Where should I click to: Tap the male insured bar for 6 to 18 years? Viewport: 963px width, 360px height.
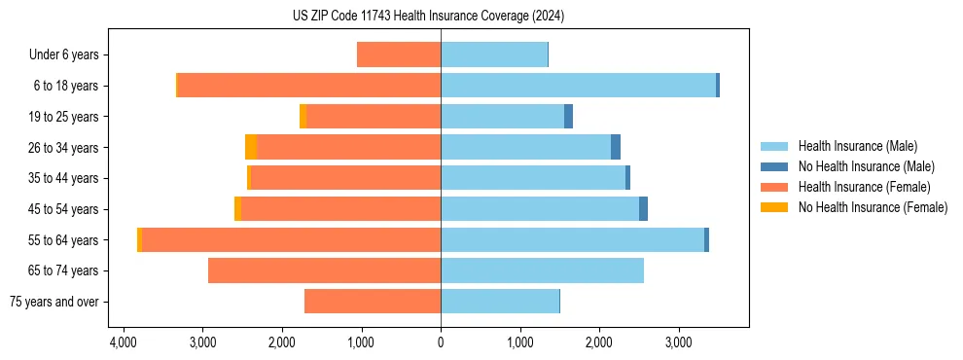(x=578, y=86)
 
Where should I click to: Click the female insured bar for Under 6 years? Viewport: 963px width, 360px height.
(x=399, y=54)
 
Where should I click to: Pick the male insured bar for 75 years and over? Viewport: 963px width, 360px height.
(x=500, y=302)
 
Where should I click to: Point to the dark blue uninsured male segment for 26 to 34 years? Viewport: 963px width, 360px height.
(x=616, y=147)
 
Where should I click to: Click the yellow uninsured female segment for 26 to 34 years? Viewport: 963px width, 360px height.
(x=251, y=147)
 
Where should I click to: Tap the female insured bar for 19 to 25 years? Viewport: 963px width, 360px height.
(x=374, y=117)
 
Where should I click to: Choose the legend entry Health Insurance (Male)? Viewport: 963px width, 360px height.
(x=857, y=146)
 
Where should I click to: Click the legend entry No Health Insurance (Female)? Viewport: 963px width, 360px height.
(x=873, y=207)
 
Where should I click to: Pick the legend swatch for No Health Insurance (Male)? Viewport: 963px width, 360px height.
(x=775, y=166)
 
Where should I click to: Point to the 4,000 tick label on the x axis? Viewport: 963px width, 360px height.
(x=123, y=343)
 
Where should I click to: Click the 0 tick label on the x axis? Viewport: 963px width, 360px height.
(x=441, y=343)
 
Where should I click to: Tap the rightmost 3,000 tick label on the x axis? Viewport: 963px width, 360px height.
(x=679, y=343)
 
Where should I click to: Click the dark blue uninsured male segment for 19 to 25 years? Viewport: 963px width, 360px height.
(x=568, y=117)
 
